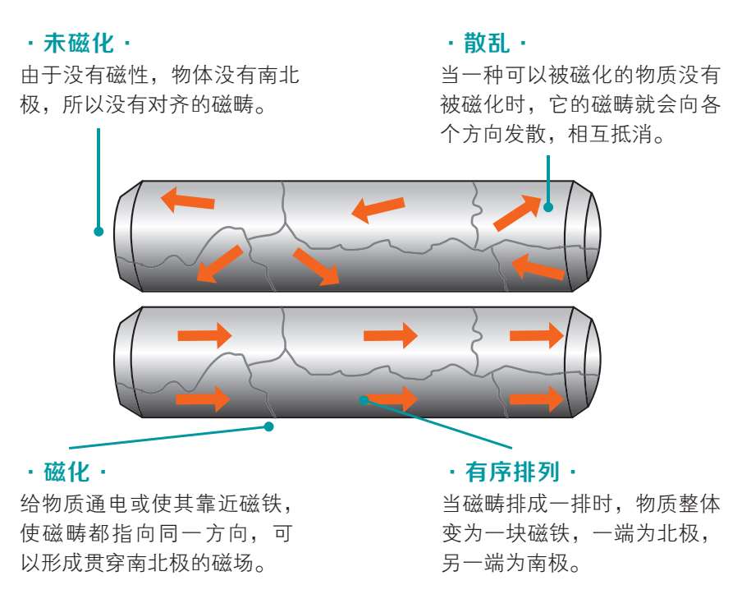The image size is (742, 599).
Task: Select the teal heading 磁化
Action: click(66, 472)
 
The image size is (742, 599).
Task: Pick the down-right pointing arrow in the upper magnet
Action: click(316, 266)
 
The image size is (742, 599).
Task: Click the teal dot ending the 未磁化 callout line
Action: click(98, 232)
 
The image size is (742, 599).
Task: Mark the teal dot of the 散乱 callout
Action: click(548, 206)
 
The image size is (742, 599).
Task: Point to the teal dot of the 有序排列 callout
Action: click(364, 399)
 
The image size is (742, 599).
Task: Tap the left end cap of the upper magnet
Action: click(126, 236)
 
